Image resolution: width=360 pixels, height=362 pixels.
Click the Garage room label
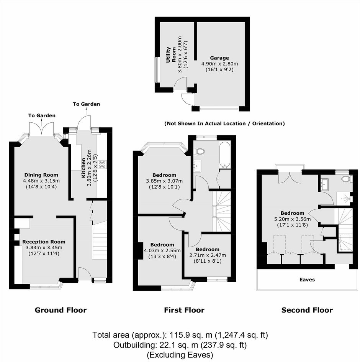(x=219, y=58)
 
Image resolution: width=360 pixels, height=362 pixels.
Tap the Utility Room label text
(x=171, y=55)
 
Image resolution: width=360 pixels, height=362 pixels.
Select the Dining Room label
(x=41, y=175)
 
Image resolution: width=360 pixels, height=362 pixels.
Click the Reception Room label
(x=44, y=242)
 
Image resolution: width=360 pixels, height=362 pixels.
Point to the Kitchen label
(x=83, y=168)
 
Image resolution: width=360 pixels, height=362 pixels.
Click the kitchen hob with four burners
(x=102, y=164)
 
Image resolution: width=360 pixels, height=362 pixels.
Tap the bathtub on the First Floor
(x=225, y=155)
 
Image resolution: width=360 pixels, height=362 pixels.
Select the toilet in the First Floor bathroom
(x=200, y=151)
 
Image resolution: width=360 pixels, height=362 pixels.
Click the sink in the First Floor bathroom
(x=197, y=166)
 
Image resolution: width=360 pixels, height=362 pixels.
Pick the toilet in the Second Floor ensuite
(x=346, y=179)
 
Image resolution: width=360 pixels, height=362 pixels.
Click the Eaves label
(x=307, y=280)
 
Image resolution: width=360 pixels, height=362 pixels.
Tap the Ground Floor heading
(x=61, y=310)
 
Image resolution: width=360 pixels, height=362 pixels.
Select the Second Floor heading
(x=307, y=310)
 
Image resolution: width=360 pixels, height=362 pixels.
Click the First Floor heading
(x=184, y=310)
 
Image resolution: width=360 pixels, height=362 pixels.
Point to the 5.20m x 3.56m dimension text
(x=292, y=219)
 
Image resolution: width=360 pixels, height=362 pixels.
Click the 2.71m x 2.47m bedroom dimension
(x=208, y=255)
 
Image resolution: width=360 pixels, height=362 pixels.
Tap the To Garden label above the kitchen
(x=87, y=104)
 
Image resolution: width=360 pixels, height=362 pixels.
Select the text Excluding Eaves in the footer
(x=180, y=355)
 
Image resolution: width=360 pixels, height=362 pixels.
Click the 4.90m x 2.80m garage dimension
(x=219, y=64)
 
